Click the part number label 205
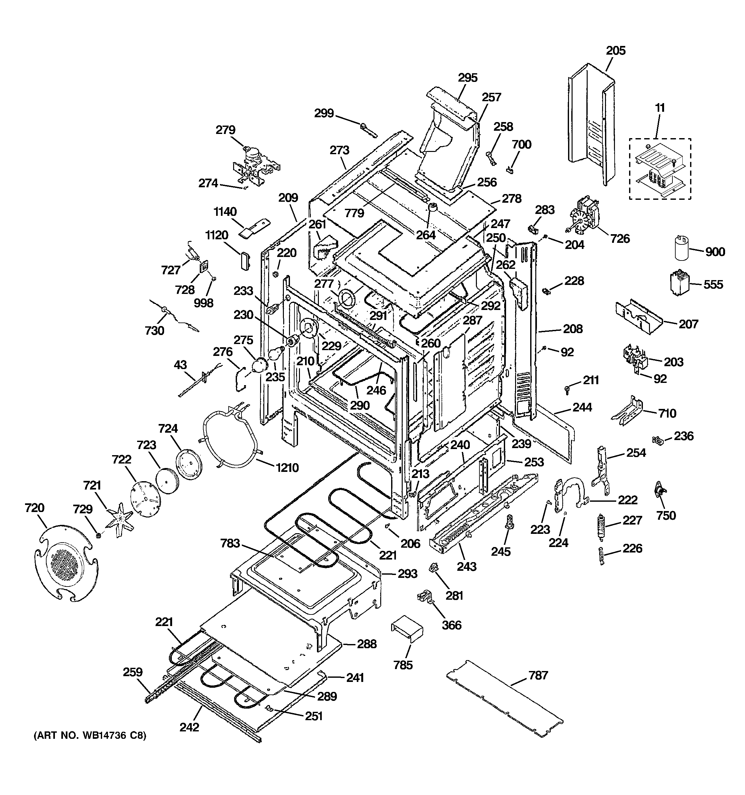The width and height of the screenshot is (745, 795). point(616,51)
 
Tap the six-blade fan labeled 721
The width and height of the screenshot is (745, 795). point(119,519)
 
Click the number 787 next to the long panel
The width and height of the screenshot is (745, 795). point(538,676)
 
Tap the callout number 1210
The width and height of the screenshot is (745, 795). point(287,467)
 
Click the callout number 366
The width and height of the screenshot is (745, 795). point(451,625)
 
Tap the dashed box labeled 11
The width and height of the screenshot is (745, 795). point(660,169)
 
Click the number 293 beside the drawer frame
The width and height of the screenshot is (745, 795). point(408,574)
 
